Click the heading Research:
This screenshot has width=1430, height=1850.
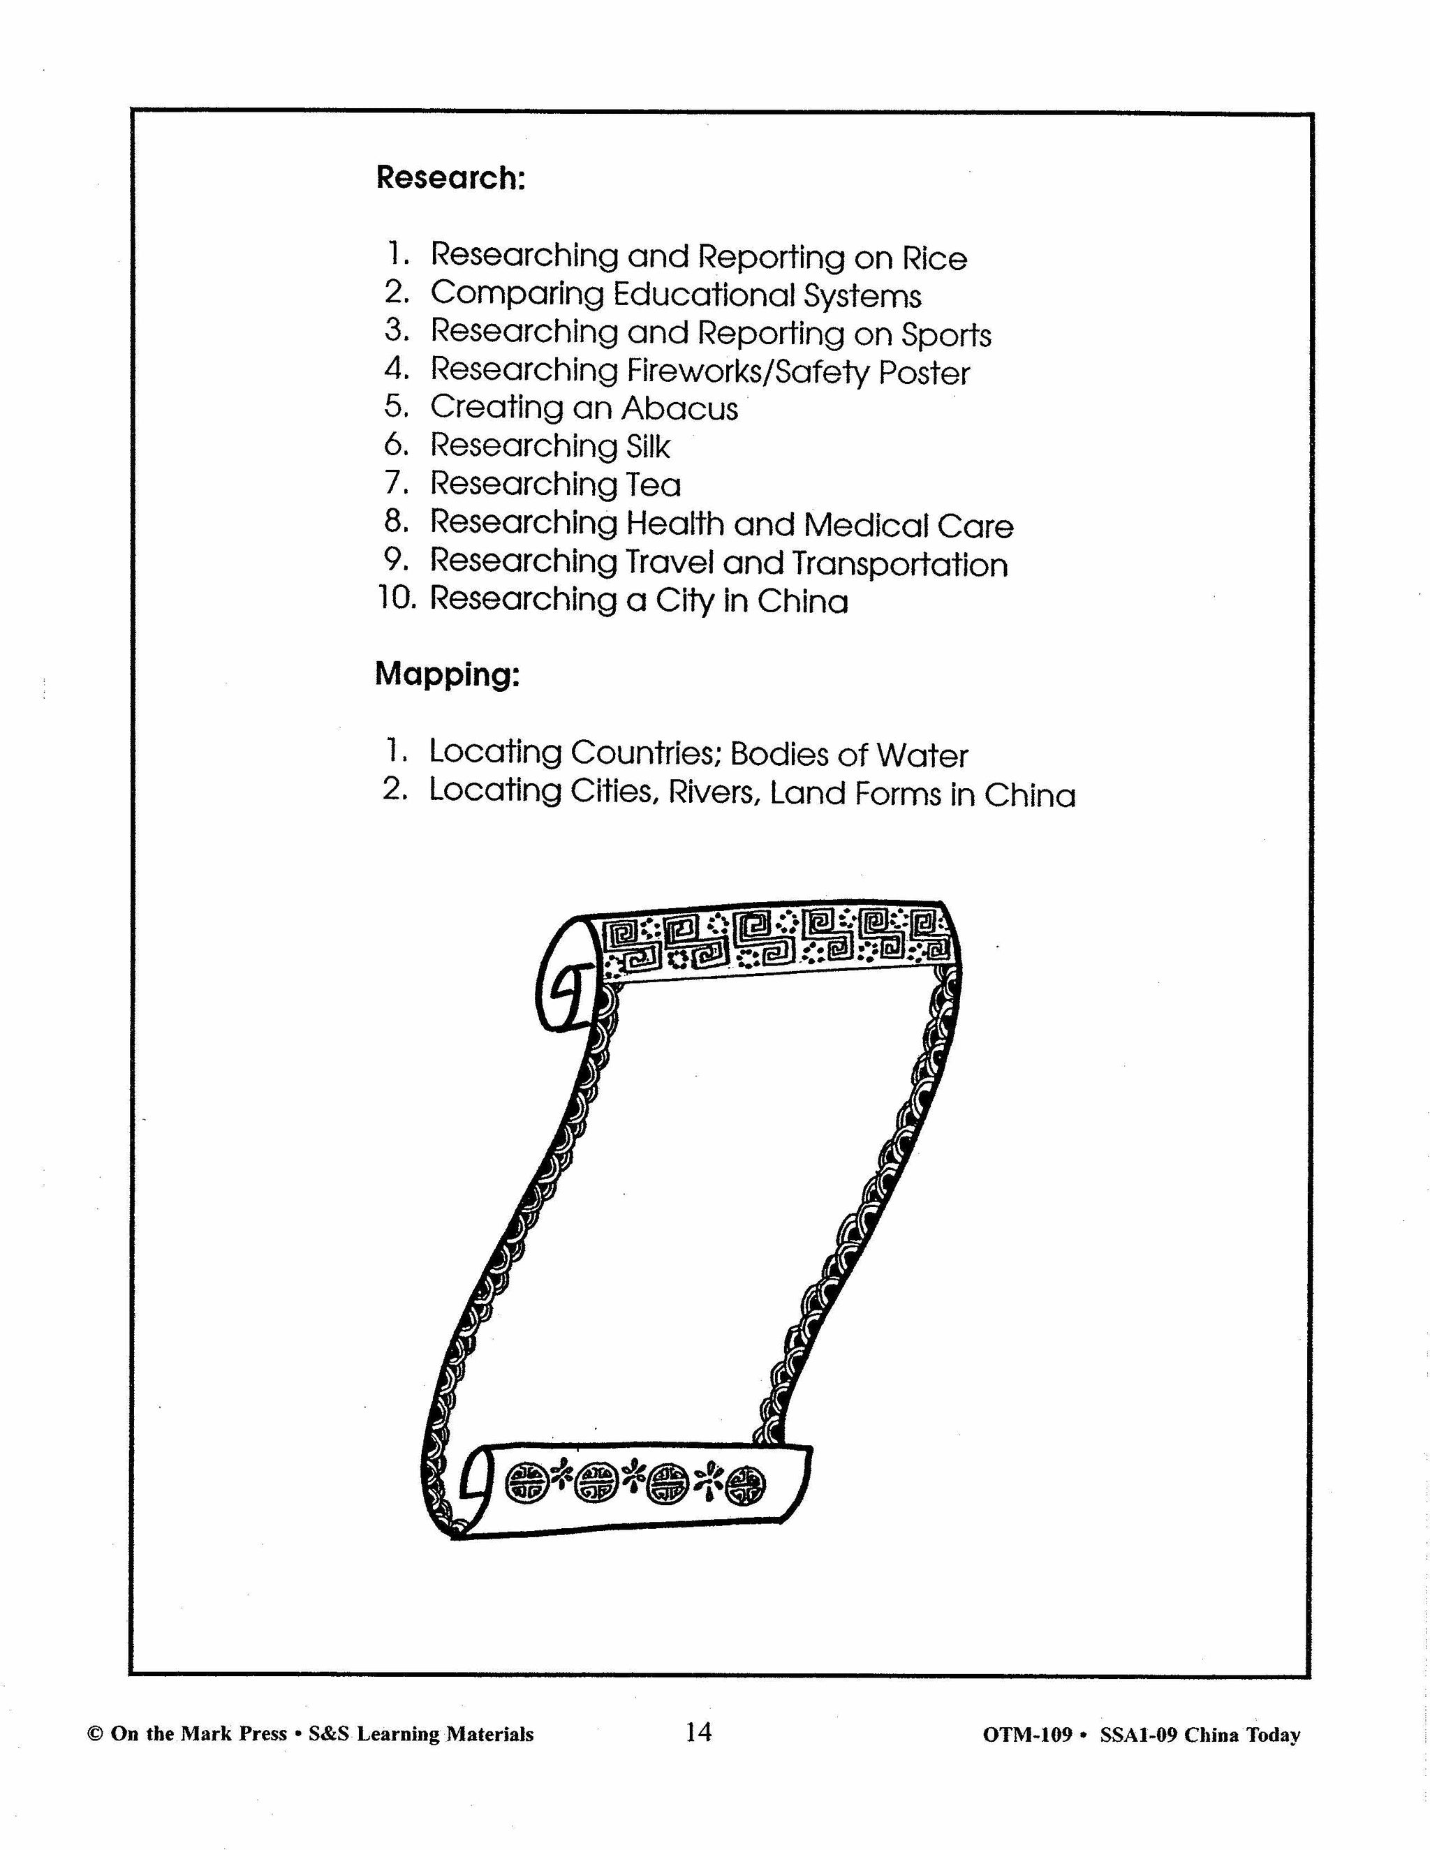point(450,178)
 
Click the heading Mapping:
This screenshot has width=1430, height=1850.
point(448,674)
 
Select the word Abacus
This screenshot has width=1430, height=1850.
point(679,408)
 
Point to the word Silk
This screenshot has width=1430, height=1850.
point(648,446)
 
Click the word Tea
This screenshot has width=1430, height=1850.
point(653,484)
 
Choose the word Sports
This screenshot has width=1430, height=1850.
point(945,334)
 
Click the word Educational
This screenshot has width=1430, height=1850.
point(703,295)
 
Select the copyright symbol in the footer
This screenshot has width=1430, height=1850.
point(95,1734)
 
